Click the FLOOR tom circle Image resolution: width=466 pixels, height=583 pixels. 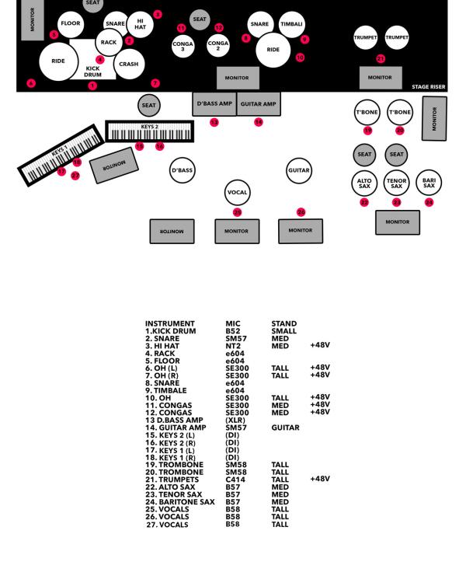[71, 24]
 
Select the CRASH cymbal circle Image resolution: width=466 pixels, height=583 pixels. [129, 65]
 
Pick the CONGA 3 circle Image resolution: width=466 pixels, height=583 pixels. [183, 46]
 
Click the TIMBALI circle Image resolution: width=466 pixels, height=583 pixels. [291, 24]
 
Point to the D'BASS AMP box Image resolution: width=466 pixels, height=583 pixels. [214, 103]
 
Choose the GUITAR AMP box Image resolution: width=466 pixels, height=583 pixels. [259, 103]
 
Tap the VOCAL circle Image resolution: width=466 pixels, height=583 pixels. [237, 190]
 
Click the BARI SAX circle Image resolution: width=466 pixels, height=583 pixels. [428, 183]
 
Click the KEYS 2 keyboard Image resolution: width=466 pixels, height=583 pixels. [150, 131]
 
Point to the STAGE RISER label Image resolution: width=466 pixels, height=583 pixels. [429, 87]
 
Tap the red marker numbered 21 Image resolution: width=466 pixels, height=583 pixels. [381, 58]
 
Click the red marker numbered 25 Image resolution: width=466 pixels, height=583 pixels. [237, 211]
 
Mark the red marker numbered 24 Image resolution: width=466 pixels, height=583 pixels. [429, 202]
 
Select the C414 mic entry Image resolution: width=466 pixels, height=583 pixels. [234, 479]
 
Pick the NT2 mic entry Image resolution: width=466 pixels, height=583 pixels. [232, 345]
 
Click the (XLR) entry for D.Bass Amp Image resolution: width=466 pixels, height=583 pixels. [235, 420]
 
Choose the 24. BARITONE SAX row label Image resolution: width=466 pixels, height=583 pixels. [179, 501]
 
